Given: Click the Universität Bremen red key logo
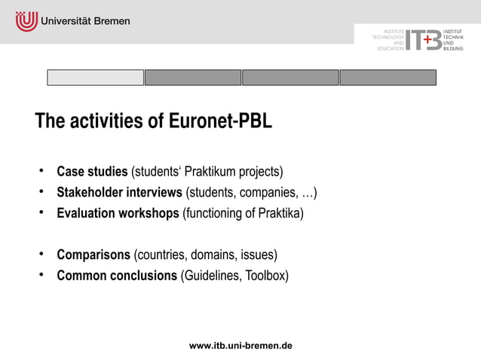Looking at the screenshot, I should tap(26, 21).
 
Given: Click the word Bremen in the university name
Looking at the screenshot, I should tap(110, 21).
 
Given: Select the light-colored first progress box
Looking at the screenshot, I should tap(95, 78).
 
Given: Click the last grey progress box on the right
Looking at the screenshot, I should tap(388, 78).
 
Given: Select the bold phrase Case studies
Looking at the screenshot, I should tap(92, 172).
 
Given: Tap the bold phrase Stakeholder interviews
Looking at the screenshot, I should tap(119, 192).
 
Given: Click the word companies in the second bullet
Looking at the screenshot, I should tap(269, 192).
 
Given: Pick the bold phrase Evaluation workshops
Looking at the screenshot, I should tap(118, 213).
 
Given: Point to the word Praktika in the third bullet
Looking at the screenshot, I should tap(277, 213).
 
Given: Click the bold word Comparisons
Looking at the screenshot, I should tap(93, 255).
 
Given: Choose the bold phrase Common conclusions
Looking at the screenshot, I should tap(117, 276).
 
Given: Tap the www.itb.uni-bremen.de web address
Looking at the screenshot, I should tap(240, 346).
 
